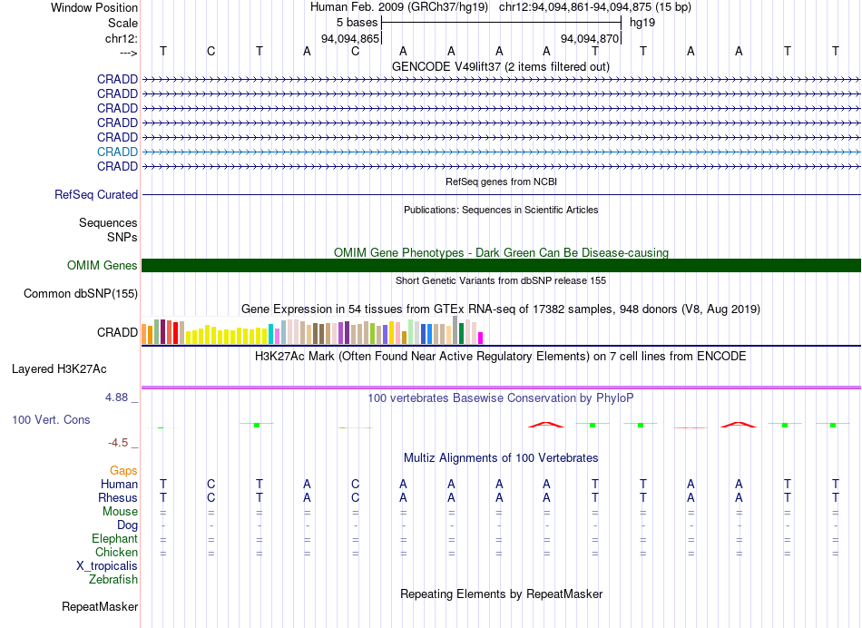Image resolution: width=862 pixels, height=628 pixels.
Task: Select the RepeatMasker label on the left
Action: coord(100,606)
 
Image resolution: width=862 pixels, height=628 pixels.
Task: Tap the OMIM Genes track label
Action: coord(103,266)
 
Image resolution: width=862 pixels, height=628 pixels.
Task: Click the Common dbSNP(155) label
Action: coord(81,294)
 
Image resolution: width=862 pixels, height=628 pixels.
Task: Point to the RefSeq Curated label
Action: coord(96,195)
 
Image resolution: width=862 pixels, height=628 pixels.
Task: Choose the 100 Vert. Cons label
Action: coord(51,420)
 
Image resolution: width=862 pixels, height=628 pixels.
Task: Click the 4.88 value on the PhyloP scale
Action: coord(122,397)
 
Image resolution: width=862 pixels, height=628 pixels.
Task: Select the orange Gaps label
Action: coord(123,471)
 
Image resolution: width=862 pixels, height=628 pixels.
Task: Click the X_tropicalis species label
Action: coord(107,566)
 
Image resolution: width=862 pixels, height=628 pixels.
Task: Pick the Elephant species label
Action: coord(114,539)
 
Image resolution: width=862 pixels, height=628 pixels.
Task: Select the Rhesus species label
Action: coord(118,498)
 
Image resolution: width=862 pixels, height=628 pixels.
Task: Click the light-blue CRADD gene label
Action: coord(117,152)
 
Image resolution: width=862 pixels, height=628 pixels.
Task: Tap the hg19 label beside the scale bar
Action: coord(642,23)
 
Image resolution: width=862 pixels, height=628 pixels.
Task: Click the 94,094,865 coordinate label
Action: coord(350,39)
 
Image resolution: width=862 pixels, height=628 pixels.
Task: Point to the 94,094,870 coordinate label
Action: coord(590,39)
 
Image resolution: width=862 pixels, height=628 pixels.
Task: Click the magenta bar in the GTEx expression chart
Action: coord(481,338)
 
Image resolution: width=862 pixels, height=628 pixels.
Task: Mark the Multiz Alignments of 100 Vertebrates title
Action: coord(501,458)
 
